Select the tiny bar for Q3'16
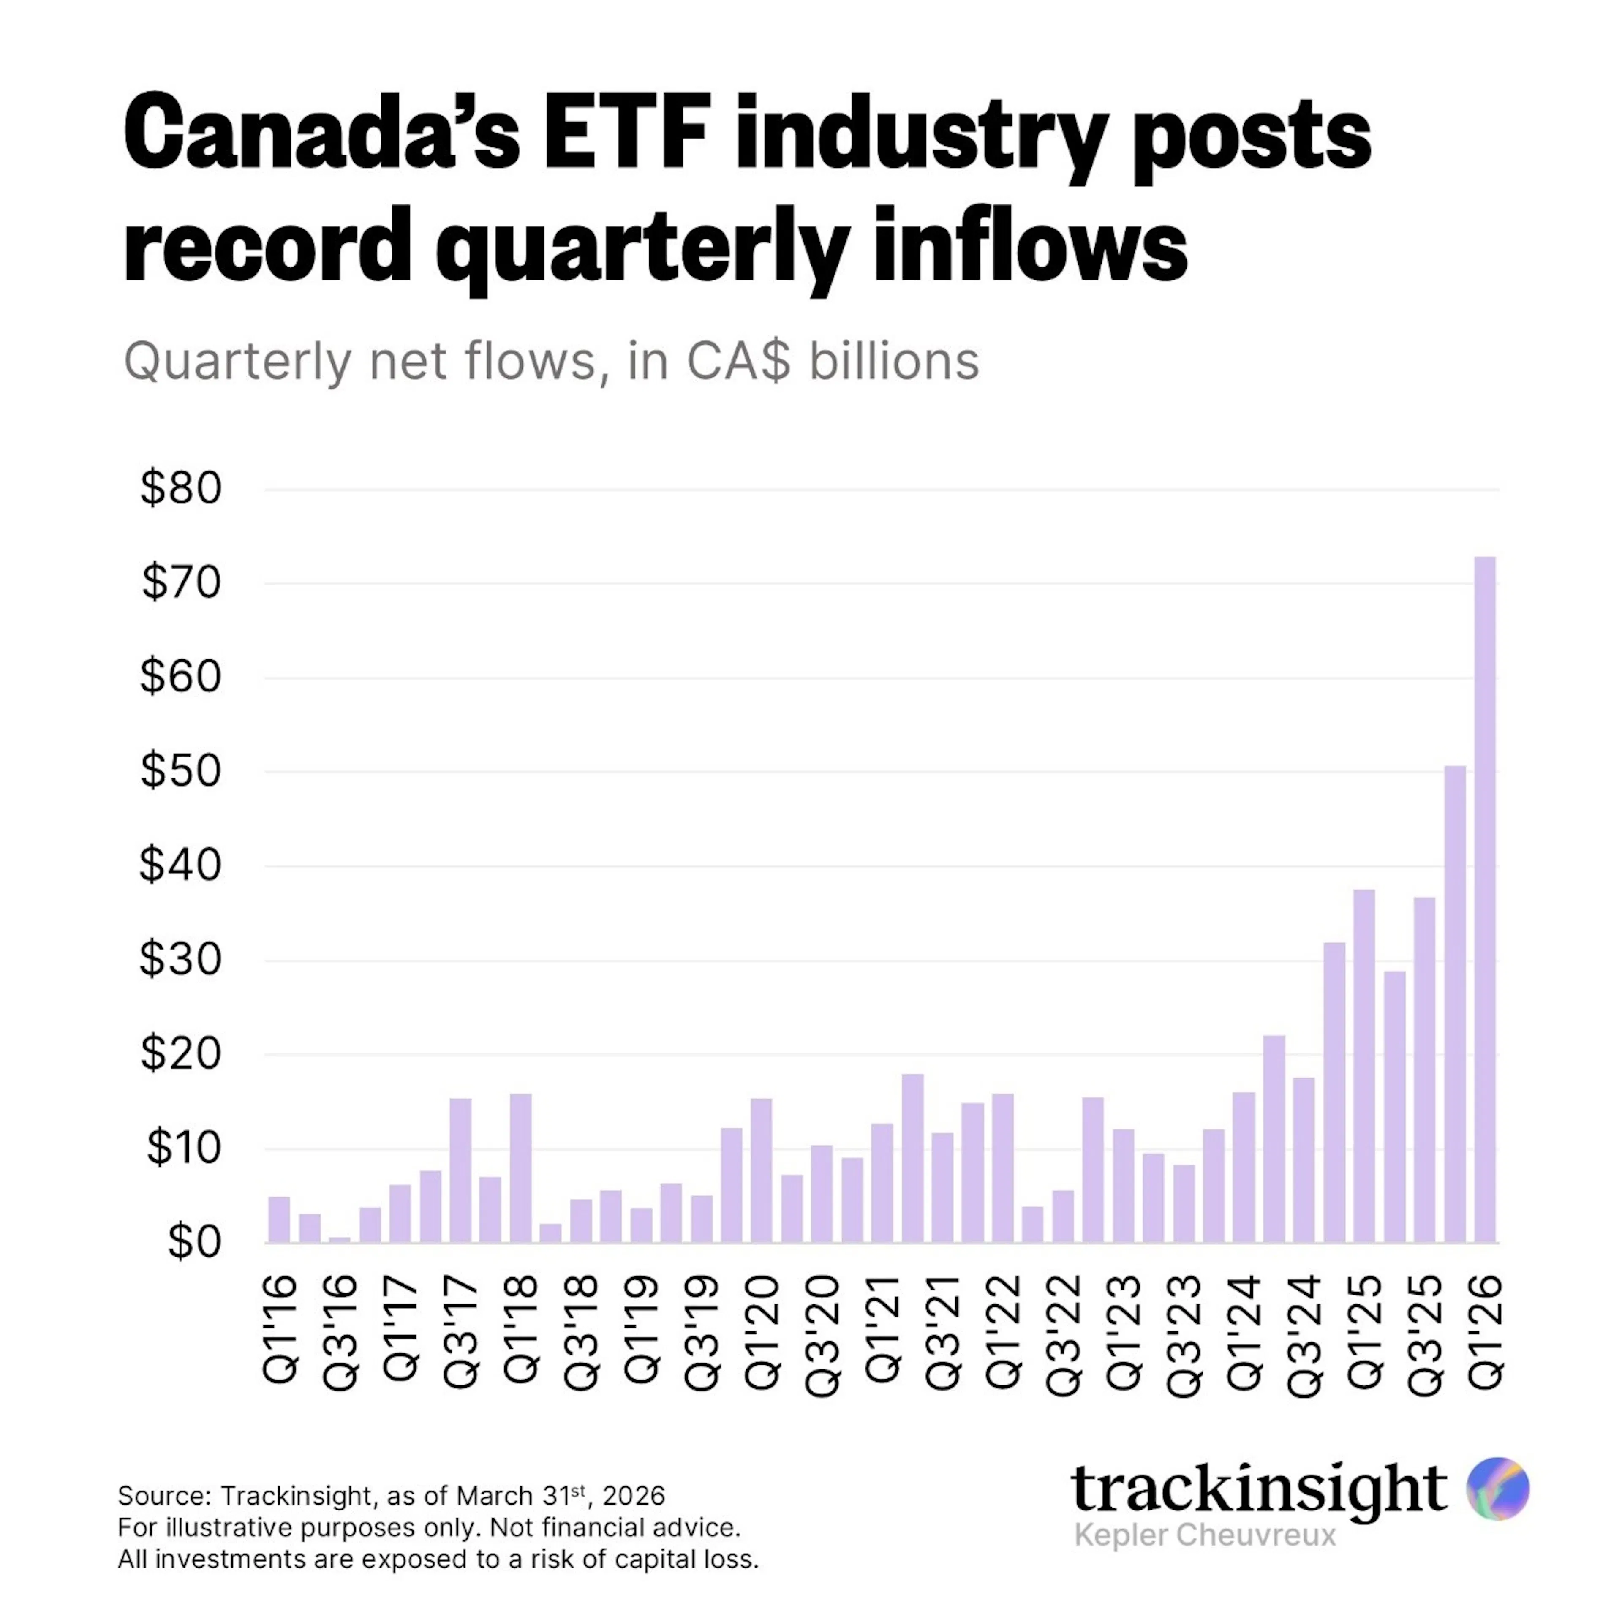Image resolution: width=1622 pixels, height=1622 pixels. point(339,1239)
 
